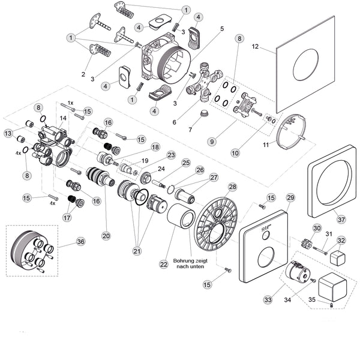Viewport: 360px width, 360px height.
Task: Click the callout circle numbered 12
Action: (254, 47)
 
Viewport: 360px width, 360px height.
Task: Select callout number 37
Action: (341, 220)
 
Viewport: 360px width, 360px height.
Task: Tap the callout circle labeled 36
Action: (81, 242)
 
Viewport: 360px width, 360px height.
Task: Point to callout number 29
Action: (291, 198)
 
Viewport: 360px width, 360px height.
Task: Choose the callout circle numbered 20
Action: (106, 236)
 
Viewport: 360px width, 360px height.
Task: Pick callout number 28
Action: (232, 188)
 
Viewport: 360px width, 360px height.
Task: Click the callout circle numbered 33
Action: (268, 299)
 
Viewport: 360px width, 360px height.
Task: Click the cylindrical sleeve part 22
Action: (180, 217)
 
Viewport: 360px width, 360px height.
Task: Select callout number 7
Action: (191, 129)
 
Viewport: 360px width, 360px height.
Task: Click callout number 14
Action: (62, 118)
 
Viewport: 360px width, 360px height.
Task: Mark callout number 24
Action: (161, 169)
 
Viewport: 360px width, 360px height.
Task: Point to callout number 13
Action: (9, 133)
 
